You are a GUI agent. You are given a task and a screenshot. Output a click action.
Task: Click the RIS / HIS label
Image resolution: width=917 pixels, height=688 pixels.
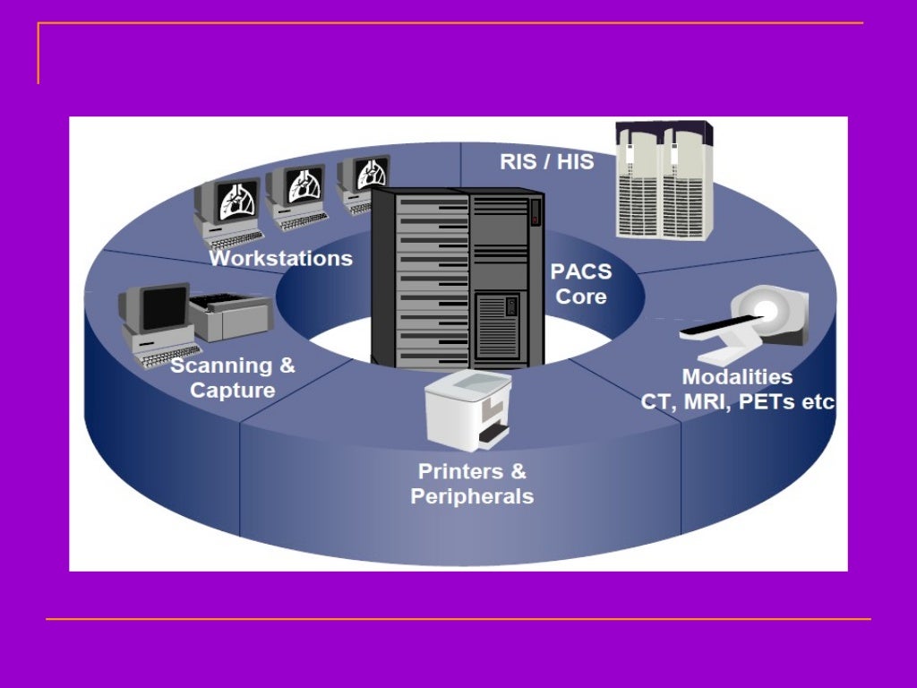(546, 162)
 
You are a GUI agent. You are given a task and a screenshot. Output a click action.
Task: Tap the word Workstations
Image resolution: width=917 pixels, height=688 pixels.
(280, 258)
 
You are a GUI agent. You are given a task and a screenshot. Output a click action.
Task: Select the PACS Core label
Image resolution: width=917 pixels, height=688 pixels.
(581, 284)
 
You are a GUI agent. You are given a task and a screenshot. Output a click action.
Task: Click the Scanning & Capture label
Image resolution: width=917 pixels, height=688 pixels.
(232, 378)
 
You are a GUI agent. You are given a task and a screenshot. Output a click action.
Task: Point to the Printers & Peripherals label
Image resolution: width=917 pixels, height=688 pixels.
(472, 484)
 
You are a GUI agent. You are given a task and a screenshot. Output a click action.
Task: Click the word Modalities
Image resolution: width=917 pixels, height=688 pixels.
(737, 376)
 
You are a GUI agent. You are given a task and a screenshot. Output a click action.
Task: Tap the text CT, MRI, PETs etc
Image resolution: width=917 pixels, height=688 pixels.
(737, 401)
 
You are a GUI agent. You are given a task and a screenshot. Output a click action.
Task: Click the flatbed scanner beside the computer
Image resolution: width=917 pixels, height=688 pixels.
(228, 316)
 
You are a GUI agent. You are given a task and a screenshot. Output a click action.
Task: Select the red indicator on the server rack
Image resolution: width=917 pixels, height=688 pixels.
(535, 213)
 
